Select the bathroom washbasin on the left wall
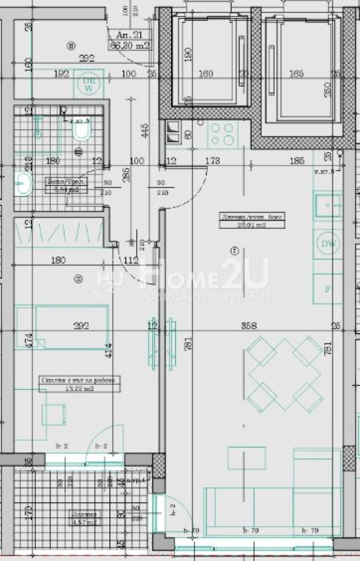(23, 183)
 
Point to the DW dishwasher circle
(327, 244)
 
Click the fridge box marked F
(327, 289)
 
